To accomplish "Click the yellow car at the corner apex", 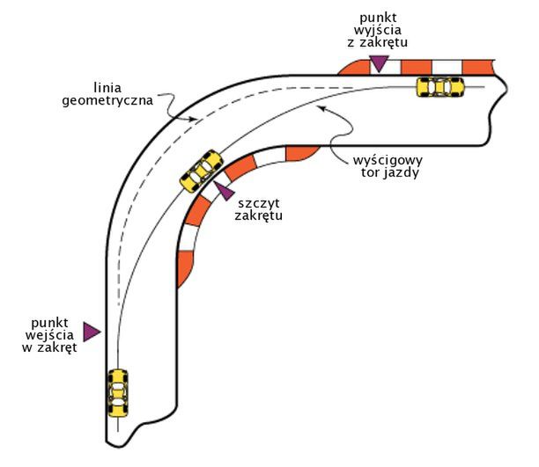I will pos(201,170).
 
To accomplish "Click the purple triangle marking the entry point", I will pos(92,332).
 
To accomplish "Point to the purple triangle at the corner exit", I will pos(379,62).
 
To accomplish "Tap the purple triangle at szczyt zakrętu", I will pos(225,188).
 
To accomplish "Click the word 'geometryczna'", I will pos(107,101).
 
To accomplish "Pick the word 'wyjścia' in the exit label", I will pos(378,29).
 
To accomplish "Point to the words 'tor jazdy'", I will pos(388,173).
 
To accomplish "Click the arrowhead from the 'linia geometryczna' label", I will pos(192,117).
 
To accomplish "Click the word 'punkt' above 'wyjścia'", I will pos(378,15).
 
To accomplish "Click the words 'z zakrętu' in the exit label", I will pos(378,42).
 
